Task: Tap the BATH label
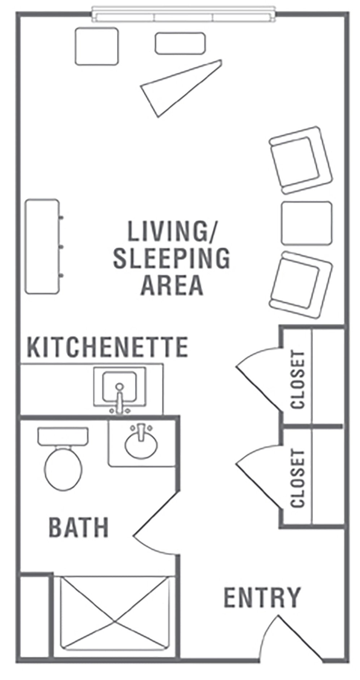tap(79, 527)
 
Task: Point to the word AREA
tap(172, 284)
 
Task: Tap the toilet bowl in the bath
tap(63, 464)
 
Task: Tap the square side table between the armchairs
tap(306, 222)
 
